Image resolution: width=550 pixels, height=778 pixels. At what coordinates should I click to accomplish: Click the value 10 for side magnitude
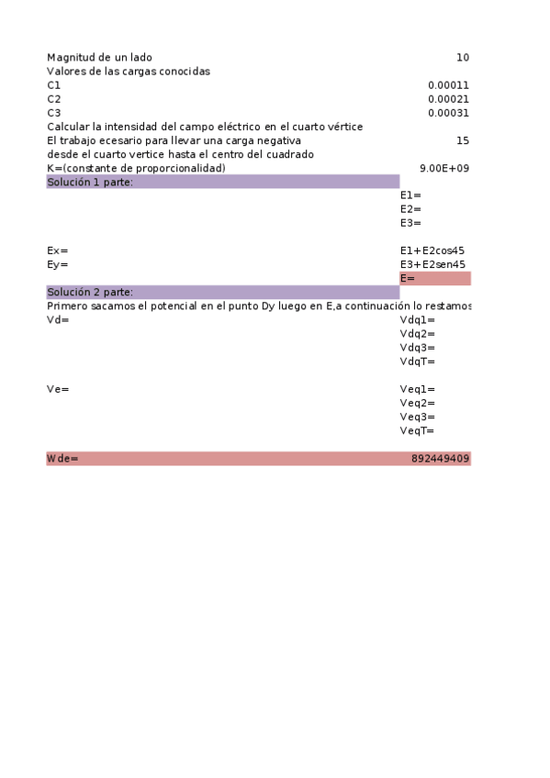462,58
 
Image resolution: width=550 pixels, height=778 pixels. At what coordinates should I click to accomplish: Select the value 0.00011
448,85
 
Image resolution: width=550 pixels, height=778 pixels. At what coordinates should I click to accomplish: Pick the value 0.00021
448,99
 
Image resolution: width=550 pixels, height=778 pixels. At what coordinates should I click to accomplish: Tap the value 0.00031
448,113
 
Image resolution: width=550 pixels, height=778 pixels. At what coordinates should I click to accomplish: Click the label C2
54,99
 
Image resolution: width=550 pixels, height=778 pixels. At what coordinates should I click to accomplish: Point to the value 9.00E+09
444,169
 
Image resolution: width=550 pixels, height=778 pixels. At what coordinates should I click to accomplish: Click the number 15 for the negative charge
462,141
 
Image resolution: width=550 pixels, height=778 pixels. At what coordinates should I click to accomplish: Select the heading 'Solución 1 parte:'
90,183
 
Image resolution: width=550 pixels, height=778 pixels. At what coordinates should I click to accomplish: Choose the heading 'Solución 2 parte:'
90,293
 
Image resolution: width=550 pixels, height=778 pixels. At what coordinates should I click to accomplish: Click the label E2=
410,209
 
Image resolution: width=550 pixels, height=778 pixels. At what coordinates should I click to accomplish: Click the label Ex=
57,250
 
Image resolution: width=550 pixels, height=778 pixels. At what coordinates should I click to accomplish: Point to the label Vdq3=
418,348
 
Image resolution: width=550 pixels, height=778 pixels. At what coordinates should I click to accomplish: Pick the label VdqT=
418,361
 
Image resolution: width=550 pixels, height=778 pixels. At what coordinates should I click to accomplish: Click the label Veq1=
418,389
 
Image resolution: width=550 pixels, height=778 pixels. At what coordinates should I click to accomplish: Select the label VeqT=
418,430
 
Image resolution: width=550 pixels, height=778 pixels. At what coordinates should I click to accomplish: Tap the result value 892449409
441,459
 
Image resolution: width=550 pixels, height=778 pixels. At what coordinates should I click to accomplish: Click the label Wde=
62,459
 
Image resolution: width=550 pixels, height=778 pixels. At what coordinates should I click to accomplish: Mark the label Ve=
57,389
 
